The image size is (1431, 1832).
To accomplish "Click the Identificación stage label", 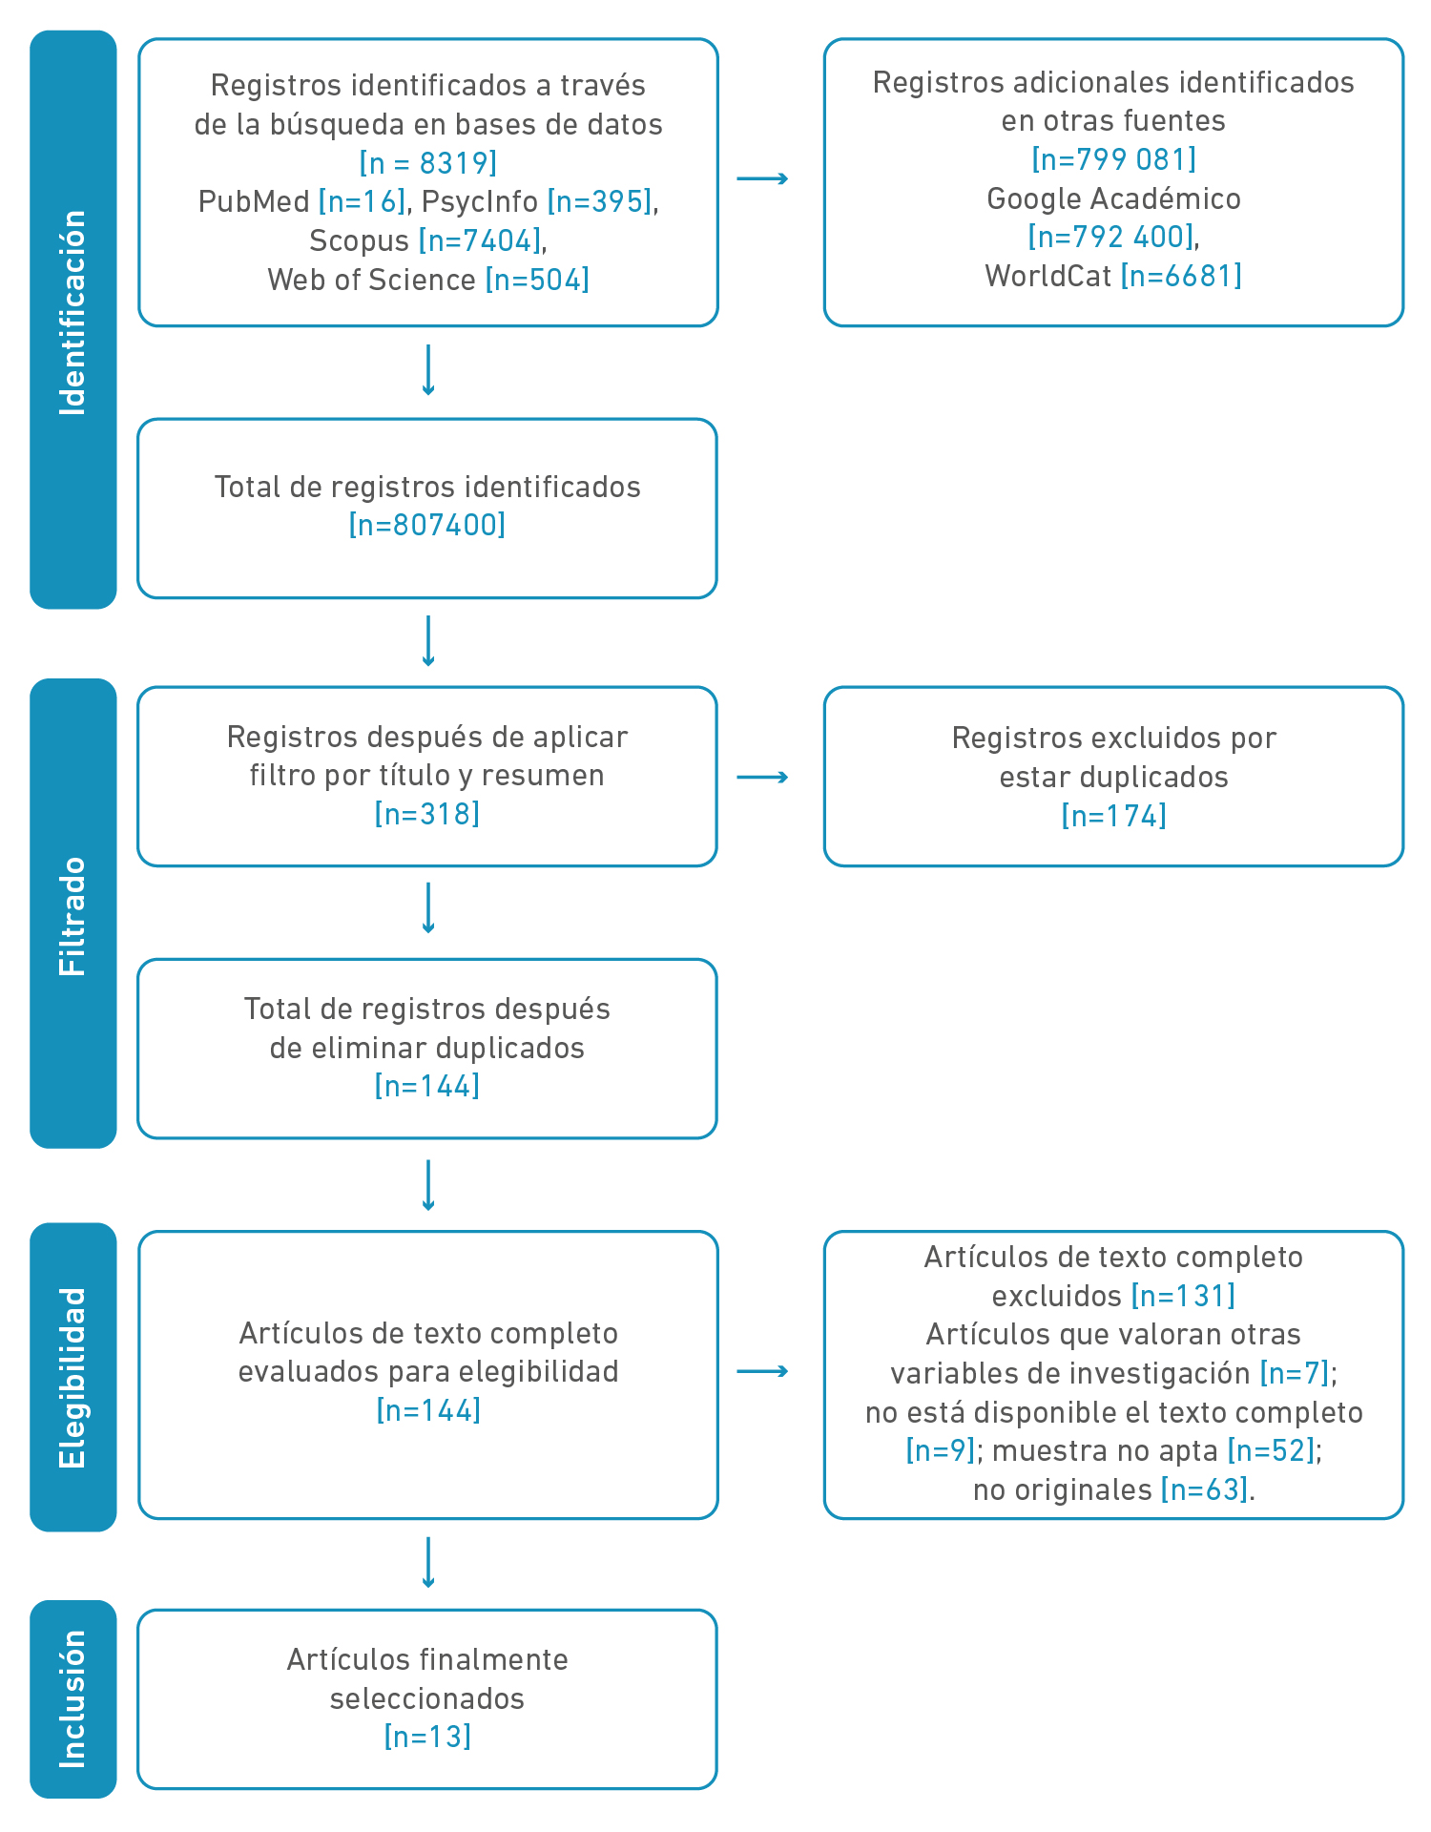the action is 73,313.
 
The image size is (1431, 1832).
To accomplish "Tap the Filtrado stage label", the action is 73,916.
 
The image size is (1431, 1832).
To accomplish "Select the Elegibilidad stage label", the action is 73,1378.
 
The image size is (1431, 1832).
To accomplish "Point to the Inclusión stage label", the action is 73,1698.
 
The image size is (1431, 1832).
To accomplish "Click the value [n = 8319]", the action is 428,163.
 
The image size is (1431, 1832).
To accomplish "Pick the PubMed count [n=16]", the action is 363,201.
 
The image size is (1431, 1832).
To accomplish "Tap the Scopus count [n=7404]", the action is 480,240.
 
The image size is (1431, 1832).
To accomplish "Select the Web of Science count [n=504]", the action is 537,280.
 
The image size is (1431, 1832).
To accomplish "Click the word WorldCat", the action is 1047,276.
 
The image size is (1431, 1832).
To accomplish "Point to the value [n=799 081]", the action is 1114,159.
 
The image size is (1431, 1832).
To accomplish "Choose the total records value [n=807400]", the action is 427,525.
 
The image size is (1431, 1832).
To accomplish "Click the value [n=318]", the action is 427,814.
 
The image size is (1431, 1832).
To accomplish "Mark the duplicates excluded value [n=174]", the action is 1114,816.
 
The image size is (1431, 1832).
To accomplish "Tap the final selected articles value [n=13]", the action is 427,1737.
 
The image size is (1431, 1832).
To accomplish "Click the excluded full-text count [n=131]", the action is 1183,1296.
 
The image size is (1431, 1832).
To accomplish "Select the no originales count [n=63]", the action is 1204,1489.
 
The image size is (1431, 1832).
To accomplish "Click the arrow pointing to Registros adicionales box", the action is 762,178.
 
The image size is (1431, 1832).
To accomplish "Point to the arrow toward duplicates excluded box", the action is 762,778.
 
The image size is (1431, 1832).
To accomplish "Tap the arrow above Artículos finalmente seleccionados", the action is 428,1563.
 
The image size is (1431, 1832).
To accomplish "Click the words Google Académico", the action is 1114,198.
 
